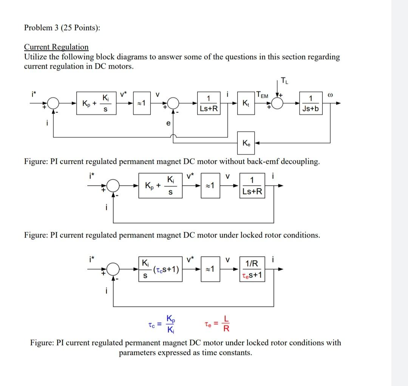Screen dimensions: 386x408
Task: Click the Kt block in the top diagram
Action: pos(246,103)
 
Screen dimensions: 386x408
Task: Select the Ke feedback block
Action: pos(246,143)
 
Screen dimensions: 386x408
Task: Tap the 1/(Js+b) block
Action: pos(311,103)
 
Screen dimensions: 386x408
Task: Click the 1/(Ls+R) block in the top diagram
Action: pos(209,103)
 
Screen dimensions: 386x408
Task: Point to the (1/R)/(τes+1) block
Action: pos(252,270)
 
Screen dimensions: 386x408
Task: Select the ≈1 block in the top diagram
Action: pos(143,103)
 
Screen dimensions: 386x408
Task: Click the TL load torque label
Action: pos(284,80)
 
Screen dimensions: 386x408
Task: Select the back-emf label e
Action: pos(168,123)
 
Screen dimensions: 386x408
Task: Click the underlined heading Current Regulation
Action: pos(56,47)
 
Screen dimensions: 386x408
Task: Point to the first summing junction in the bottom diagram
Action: pos(113,269)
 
